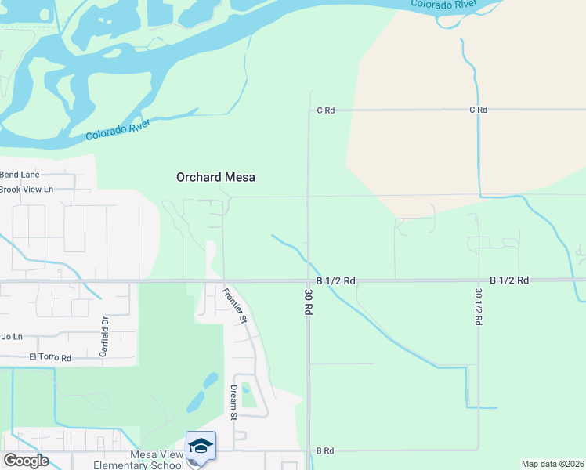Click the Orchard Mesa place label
click(215, 178)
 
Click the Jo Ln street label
click(12, 337)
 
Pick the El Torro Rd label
click(50, 357)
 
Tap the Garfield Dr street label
click(103, 336)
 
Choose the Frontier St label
click(234, 306)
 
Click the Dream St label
click(233, 402)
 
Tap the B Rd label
click(325, 450)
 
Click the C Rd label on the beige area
click(478, 110)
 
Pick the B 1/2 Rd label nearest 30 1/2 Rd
click(509, 280)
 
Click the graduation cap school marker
click(201, 446)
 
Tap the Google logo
click(26, 461)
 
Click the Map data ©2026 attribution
click(552, 464)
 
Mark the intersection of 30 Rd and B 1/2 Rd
click(308, 280)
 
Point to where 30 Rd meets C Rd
click(309, 110)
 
